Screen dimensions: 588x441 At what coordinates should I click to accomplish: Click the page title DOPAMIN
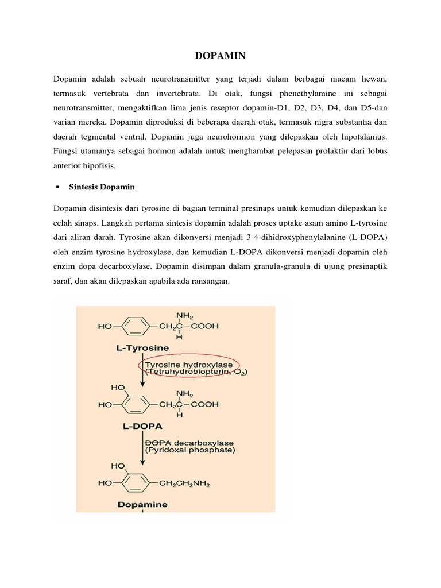220,56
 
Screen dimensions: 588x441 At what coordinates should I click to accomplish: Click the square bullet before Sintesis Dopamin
58,187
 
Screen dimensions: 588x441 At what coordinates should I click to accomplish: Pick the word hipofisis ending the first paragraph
98,166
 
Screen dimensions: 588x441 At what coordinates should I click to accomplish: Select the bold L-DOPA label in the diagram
143,426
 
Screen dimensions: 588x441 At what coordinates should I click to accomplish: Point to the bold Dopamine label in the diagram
143,505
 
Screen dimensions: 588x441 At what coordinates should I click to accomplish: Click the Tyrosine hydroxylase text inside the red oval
180,364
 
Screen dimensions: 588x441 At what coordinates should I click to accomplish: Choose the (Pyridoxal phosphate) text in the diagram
189,450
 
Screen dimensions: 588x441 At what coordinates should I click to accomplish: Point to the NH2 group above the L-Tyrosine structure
184,315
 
